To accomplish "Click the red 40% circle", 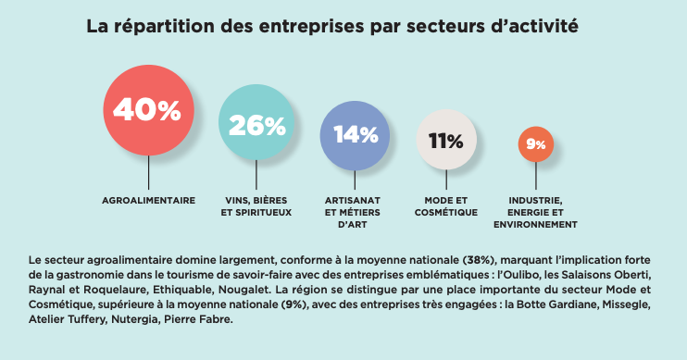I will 149,110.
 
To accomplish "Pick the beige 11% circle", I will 446,141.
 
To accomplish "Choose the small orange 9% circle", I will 535,144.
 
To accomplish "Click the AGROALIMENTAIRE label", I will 148,200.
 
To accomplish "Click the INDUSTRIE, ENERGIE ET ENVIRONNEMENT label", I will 535,212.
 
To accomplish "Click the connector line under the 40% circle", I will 149,171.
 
